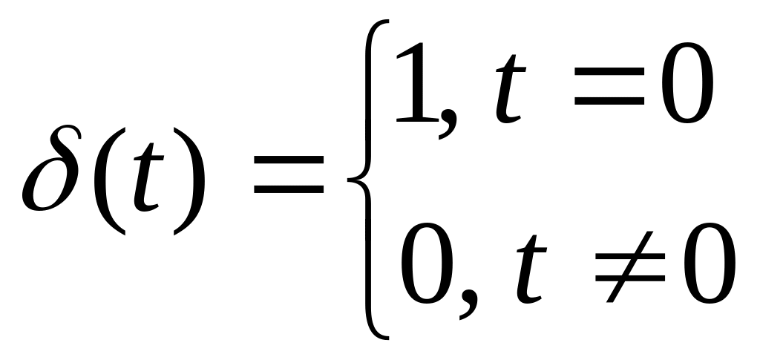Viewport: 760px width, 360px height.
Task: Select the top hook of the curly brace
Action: coord(379,24)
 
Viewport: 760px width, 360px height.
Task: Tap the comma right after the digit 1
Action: coord(445,126)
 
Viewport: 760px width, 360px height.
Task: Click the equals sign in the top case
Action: coord(612,88)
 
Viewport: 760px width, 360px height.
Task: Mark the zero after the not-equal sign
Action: coord(709,268)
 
